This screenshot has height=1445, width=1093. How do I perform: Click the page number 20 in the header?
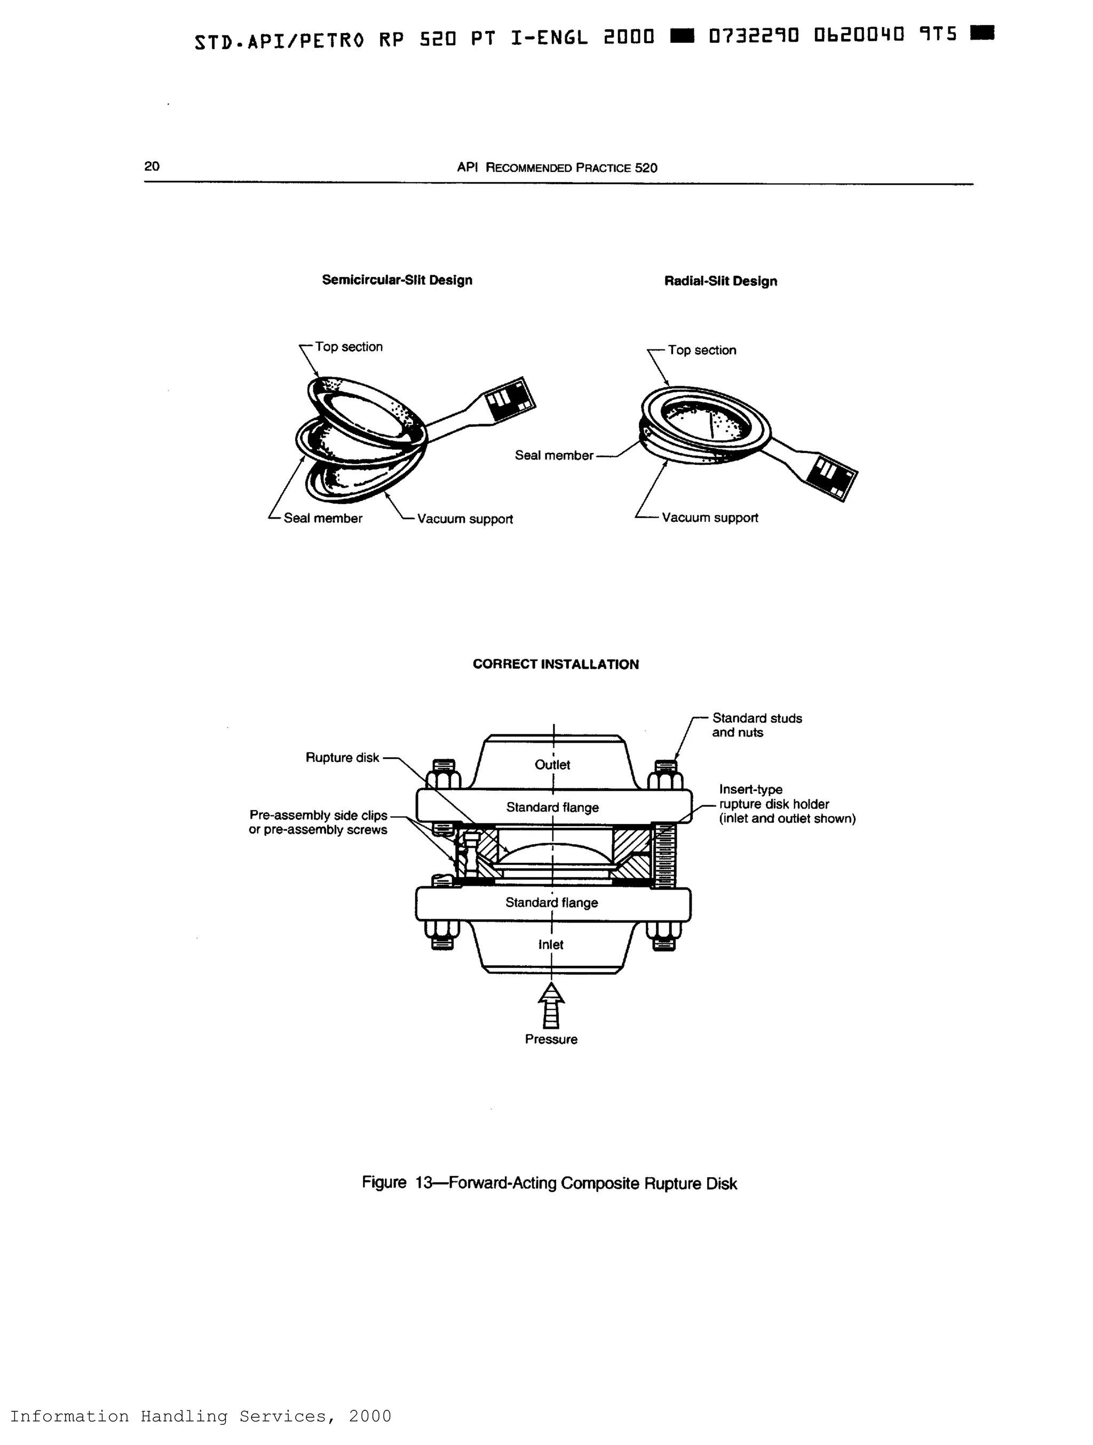pos(152,166)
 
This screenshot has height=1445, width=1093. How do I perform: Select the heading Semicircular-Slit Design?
pos(397,280)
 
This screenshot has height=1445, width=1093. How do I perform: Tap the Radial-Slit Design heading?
pos(720,282)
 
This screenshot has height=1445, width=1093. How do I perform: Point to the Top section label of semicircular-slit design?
pos(348,347)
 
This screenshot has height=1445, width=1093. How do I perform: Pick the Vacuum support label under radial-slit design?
pos(709,518)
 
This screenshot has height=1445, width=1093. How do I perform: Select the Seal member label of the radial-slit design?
pos(553,455)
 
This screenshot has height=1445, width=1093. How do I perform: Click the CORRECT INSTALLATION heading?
pos(556,664)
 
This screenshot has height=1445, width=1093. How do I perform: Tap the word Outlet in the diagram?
pos(552,765)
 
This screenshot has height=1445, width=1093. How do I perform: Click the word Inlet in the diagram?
pos(551,944)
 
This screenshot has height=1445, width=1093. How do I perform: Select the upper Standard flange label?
pos(552,807)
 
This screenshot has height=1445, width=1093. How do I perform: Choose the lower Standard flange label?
pos(551,903)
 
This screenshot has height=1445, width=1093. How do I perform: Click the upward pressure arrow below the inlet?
pos(551,1006)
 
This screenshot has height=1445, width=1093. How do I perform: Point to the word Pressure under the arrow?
pos(551,1039)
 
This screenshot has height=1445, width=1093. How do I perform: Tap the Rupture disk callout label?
pos(342,758)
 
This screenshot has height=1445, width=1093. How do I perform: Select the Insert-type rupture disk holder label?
pos(786,804)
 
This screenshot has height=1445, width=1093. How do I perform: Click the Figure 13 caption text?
pos(549,1183)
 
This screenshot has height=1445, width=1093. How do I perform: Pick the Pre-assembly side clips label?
pos(318,822)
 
